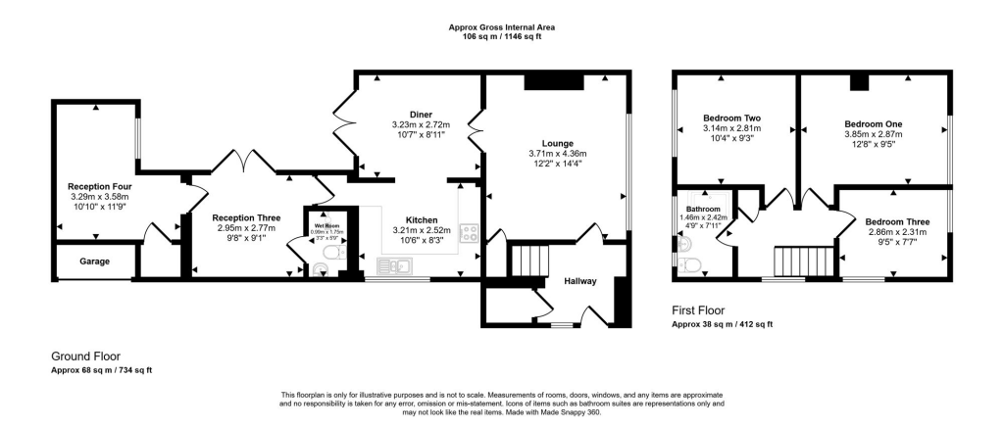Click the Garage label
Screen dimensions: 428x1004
[95, 262]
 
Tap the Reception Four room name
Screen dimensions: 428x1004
[99, 186]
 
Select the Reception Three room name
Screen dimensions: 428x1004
[247, 217]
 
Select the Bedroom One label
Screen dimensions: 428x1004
[874, 124]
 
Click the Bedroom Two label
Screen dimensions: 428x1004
[732, 119]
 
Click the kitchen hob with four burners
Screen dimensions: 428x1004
[470, 233]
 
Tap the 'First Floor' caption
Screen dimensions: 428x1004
[698, 309]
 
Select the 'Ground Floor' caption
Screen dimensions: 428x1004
[86, 357]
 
